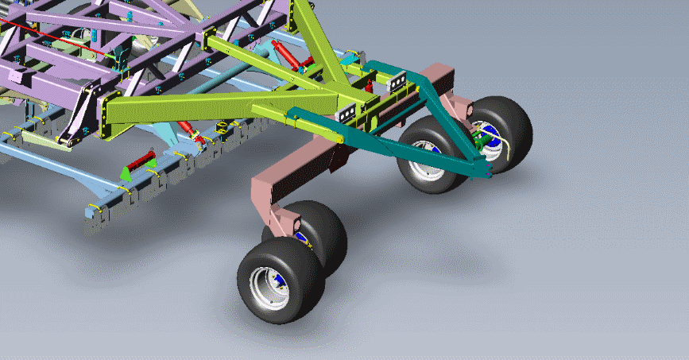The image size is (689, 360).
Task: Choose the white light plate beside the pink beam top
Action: pos(398,79)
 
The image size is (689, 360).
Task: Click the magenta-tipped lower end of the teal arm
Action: pos(486,173)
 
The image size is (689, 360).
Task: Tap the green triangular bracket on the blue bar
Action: pos(125,173)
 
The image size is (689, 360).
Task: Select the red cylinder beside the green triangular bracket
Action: pos(141,163)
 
